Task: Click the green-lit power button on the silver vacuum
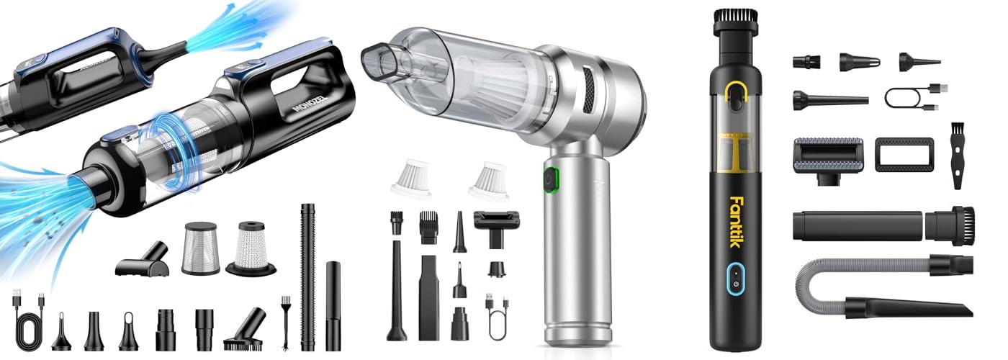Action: pos(550,179)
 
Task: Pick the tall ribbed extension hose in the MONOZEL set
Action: pos(308,277)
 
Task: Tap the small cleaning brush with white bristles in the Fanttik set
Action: pos(958,156)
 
